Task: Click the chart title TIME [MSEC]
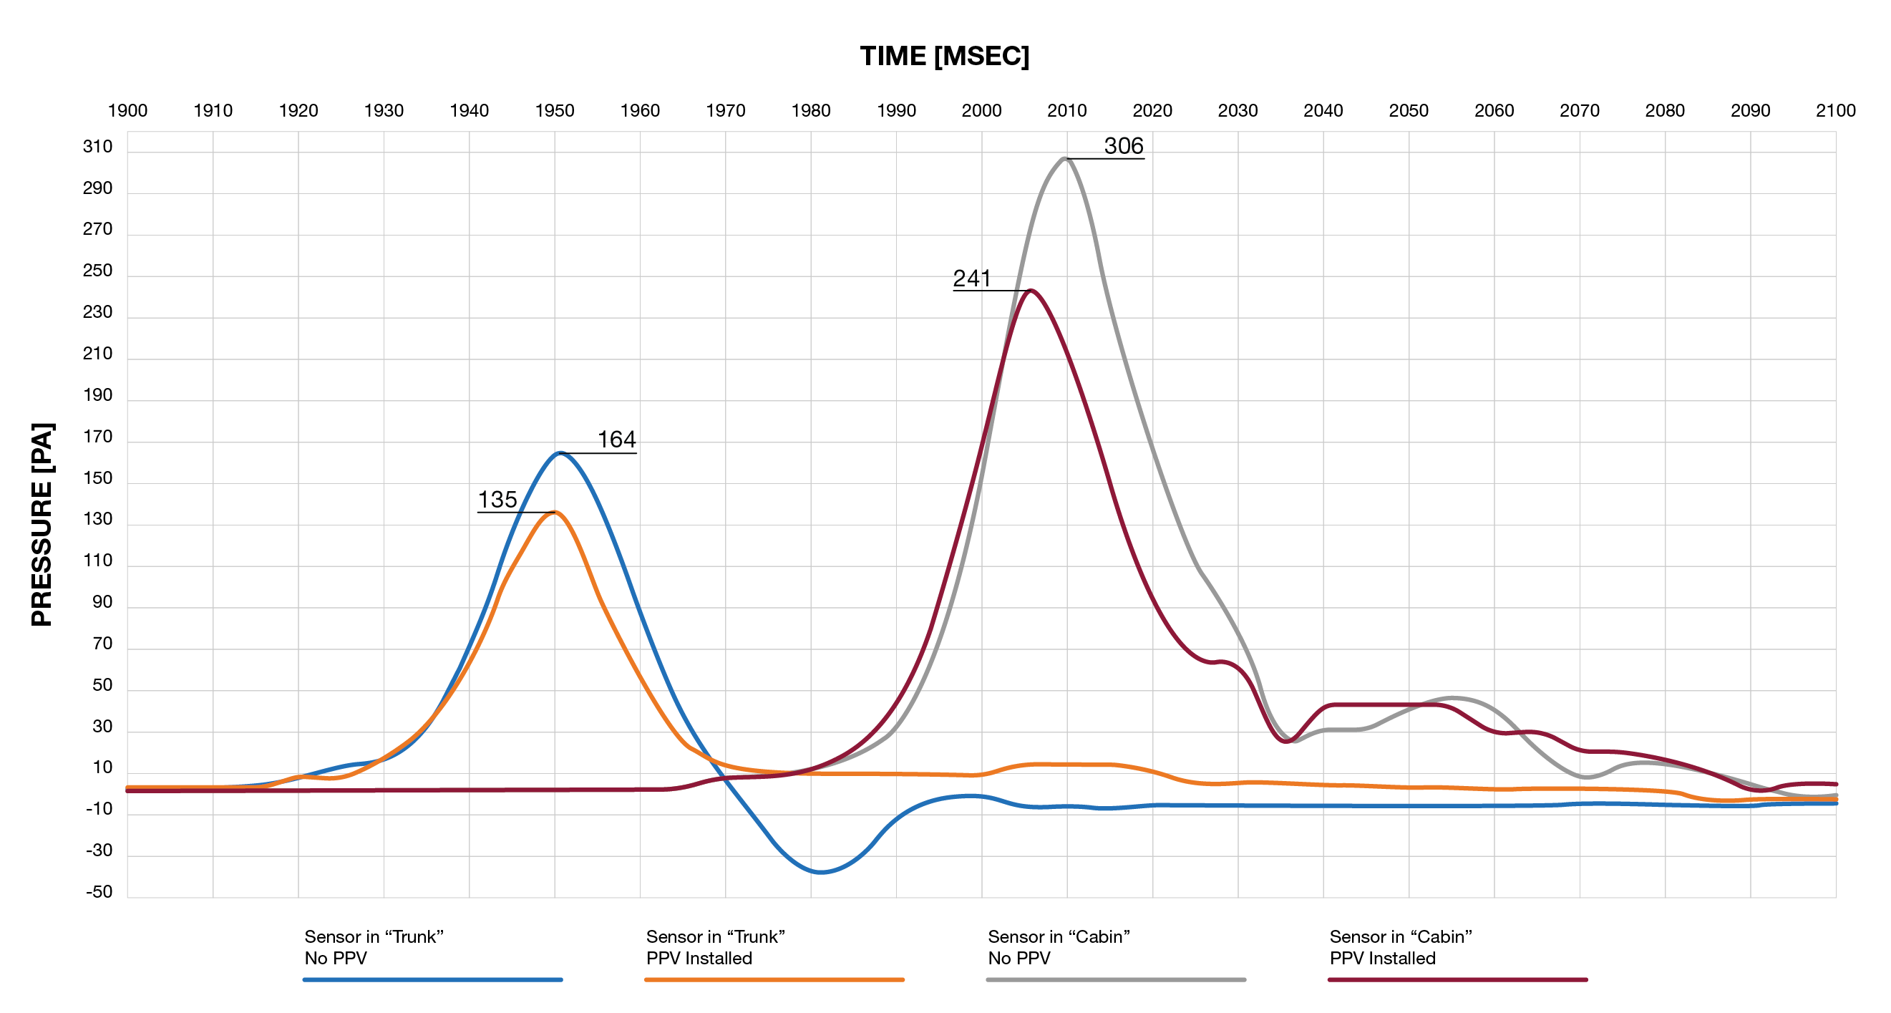[x=945, y=57]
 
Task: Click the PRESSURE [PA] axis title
[x=42, y=524]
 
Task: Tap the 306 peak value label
[x=1123, y=146]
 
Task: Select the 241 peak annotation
[x=972, y=278]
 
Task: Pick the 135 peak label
[x=497, y=500]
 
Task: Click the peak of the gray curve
[x=1065, y=158]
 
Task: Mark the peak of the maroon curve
[x=1031, y=291]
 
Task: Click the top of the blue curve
[x=560, y=453]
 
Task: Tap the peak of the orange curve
[x=554, y=513]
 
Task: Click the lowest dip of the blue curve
[x=820, y=872]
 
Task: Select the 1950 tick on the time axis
[x=554, y=111]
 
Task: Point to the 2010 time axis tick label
[x=1066, y=111]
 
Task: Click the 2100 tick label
[x=1835, y=111]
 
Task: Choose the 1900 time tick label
[x=127, y=111]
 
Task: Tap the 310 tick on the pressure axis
[x=97, y=147]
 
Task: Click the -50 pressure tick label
[x=99, y=892]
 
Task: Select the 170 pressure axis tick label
[x=97, y=437]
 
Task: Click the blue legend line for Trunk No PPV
[x=432, y=979]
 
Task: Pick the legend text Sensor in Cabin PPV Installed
[x=1400, y=947]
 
